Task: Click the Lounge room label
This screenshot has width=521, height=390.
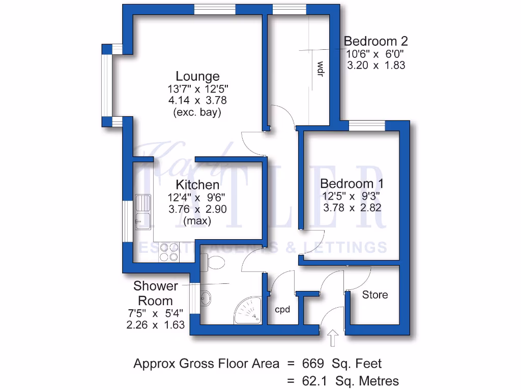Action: [x=197, y=76]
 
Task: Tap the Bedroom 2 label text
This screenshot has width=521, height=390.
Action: [x=375, y=41]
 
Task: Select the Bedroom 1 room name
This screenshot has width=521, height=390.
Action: [x=352, y=183]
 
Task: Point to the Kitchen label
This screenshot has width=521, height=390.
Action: [x=197, y=184]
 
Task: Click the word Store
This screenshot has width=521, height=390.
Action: [x=375, y=295]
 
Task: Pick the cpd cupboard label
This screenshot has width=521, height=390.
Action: [x=282, y=309]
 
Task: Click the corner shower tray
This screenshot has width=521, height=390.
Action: [x=249, y=310]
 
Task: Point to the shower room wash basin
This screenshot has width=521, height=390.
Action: [x=206, y=298]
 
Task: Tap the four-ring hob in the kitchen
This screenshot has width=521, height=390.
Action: [x=169, y=252]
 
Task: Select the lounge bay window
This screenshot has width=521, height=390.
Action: [x=106, y=85]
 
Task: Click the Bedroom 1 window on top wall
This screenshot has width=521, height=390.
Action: [x=366, y=125]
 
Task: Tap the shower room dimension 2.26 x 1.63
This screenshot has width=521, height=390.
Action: [x=155, y=325]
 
